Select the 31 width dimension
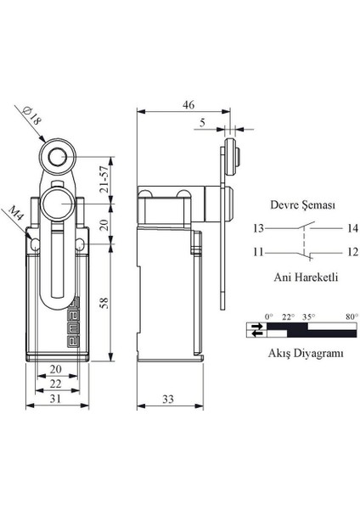[55, 399]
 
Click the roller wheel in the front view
[57, 157]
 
